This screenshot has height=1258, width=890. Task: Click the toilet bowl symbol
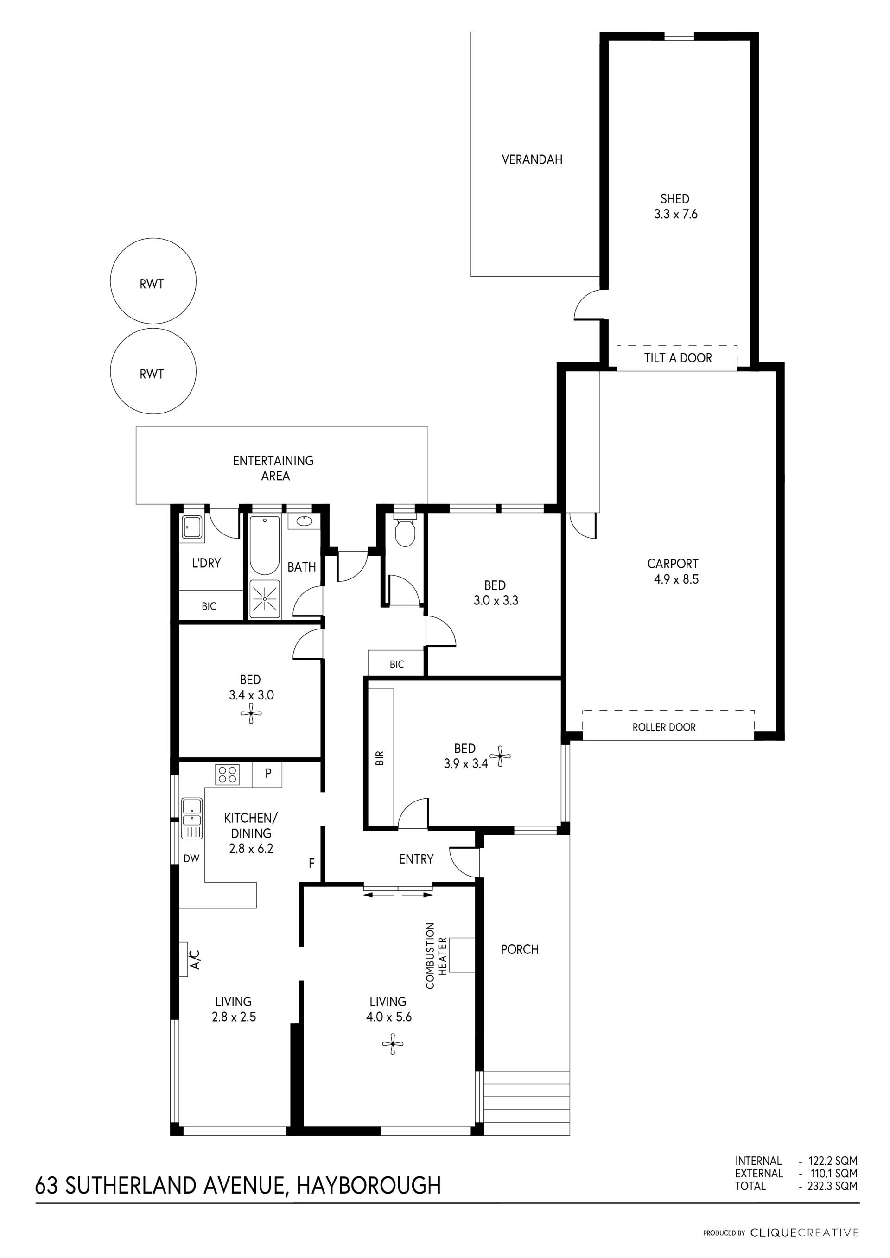click(x=405, y=530)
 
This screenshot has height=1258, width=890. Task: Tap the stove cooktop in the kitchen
click(x=228, y=774)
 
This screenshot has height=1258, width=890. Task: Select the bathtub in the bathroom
click(x=265, y=545)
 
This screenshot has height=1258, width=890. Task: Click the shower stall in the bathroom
click(x=265, y=599)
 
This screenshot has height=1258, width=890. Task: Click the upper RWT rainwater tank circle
click(x=153, y=280)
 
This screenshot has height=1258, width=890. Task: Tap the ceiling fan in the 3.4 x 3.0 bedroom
click(x=251, y=713)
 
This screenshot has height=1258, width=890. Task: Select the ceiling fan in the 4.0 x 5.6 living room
click(x=393, y=1044)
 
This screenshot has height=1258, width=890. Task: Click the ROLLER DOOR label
click(x=664, y=727)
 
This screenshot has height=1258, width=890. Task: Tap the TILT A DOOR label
click(x=678, y=358)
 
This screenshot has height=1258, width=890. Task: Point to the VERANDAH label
click(x=532, y=159)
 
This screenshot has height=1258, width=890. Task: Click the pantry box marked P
click(x=267, y=774)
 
